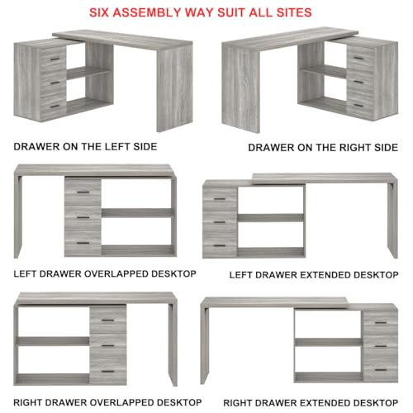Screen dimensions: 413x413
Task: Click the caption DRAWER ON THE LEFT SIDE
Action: pyautogui.click(x=85, y=146)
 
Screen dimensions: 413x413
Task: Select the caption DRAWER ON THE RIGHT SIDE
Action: pyautogui.click(x=323, y=148)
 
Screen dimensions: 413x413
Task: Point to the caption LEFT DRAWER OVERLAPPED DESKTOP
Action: pyautogui.click(x=105, y=274)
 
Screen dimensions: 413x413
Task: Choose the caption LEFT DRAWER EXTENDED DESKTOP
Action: pyautogui.click(x=314, y=275)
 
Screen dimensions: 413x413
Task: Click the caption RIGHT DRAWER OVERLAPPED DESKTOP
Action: pyautogui.click(x=107, y=402)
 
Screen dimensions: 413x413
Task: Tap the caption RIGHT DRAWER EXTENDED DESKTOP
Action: pyautogui.click(x=311, y=403)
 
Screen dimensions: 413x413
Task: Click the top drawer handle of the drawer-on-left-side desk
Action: pyautogui.click(x=55, y=59)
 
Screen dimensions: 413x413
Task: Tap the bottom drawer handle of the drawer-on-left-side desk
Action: pyautogui.click(x=55, y=107)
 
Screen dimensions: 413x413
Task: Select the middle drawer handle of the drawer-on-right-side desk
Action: pyautogui.click(x=358, y=82)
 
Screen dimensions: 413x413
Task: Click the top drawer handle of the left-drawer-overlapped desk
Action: pyautogui.click(x=83, y=192)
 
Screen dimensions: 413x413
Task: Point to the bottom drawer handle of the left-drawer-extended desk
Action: pyautogui.click(x=220, y=245)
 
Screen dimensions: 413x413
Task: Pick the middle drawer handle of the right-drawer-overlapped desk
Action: pyautogui.click(x=108, y=346)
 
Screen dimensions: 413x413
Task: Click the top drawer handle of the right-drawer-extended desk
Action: pyautogui.click(x=381, y=322)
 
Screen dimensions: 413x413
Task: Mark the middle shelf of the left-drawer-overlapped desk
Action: pyautogui.click(x=137, y=213)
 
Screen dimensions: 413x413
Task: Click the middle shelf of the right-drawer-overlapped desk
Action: pyautogui.click(x=53, y=341)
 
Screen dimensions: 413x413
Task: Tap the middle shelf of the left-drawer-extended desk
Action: pyautogui.click(x=270, y=218)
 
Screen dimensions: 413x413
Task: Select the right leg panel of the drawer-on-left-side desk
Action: pyautogui.click(x=174, y=88)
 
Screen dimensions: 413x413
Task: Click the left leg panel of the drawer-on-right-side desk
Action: pyautogui.click(x=240, y=89)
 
